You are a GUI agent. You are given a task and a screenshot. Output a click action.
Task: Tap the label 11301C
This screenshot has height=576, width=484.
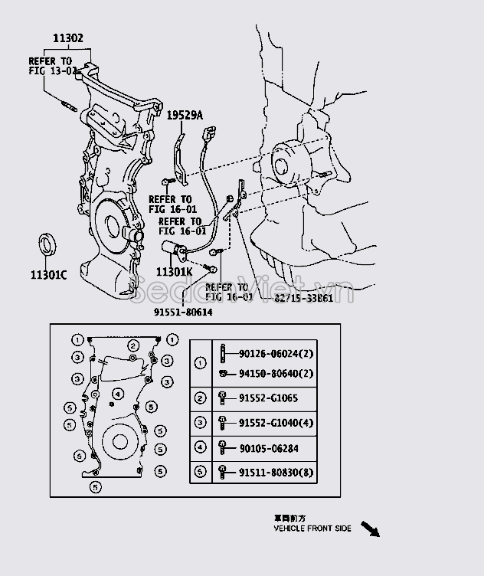click(x=49, y=273)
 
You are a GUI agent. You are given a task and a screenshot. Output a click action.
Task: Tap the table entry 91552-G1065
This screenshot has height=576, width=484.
click(x=269, y=398)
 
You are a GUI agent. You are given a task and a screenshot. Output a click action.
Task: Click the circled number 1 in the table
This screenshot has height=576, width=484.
click(x=201, y=363)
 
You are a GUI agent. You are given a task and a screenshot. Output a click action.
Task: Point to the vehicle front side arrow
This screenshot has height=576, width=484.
click(x=370, y=529)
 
